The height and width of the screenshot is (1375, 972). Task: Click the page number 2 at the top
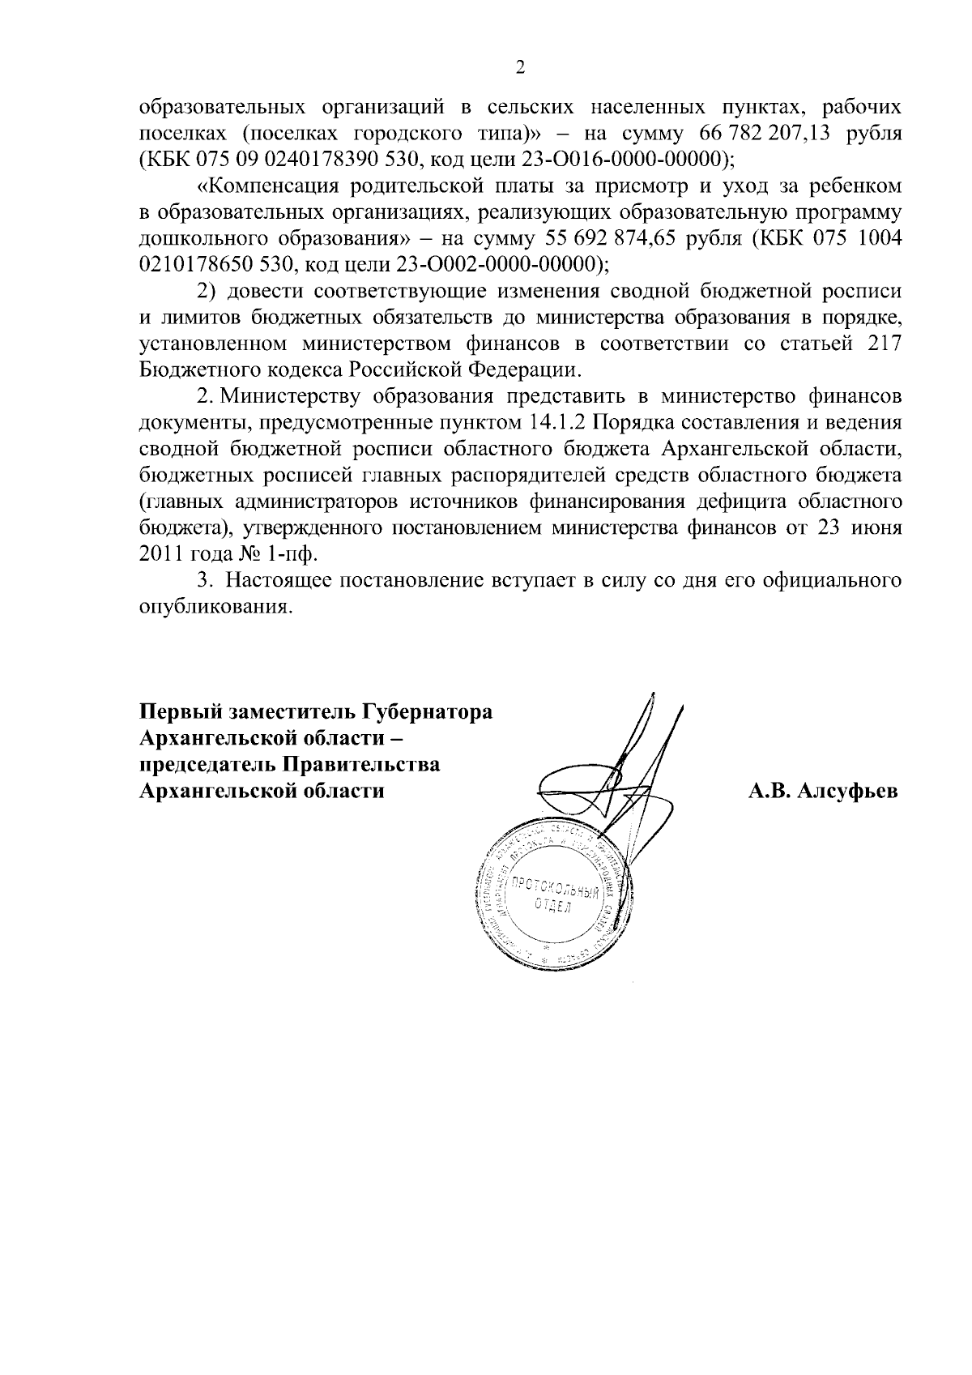(x=520, y=67)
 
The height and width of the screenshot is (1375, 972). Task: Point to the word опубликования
(x=215, y=606)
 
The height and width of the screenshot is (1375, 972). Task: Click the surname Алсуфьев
(x=847, y=792)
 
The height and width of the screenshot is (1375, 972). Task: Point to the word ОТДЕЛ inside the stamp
(x=552, y=906)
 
